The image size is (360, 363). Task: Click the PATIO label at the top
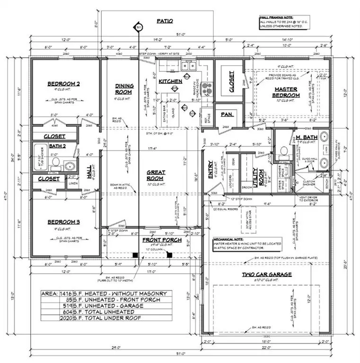[165, 21]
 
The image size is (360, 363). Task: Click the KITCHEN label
[170, 81]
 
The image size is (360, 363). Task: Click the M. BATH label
[306, 138]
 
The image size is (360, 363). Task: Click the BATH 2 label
[56, 146]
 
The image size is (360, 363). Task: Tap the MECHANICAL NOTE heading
[229, 240]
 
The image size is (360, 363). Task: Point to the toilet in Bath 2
[55, 162]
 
